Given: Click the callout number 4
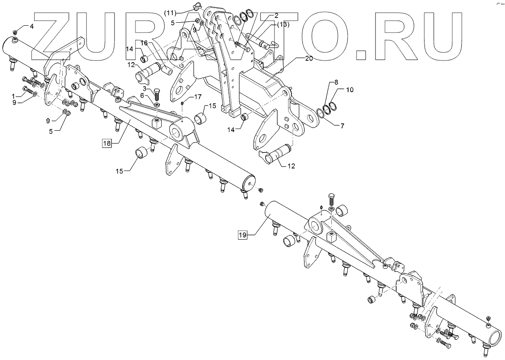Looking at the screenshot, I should point(31,26).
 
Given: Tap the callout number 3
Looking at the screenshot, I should point(145,88).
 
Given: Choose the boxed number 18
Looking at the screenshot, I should point(107,144).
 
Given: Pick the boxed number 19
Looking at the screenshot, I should point(243,235).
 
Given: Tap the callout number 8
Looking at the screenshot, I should point(336,82).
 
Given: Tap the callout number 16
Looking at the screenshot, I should point(144,43).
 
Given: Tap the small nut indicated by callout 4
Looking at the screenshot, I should point(15,32).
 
